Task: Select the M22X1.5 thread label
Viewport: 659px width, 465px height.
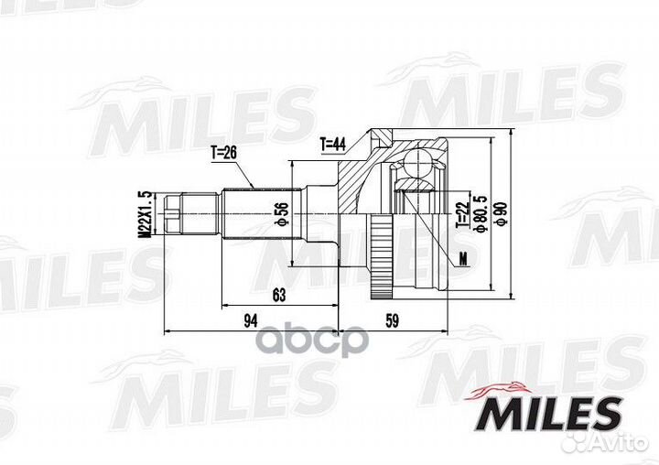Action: [144, 214]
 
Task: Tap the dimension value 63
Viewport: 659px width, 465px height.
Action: [278, 295]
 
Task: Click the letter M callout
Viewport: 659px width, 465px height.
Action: [463, 258]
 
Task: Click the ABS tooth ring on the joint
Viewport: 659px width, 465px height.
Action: [376, 256]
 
